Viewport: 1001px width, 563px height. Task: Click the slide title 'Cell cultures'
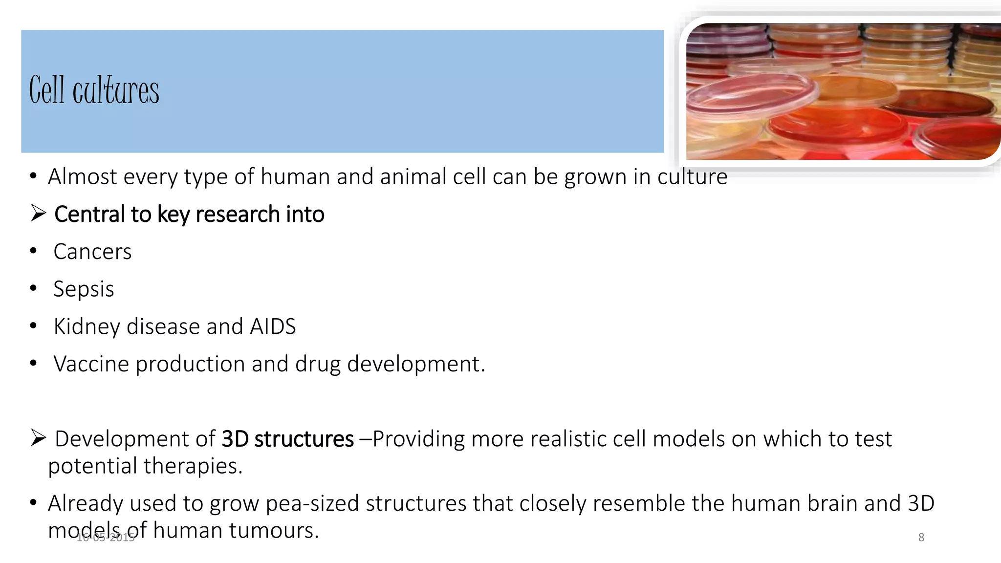[x=94, y=90]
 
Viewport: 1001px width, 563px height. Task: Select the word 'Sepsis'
[x=84, y=289]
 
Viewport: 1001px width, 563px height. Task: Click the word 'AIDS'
[x=273, y=326]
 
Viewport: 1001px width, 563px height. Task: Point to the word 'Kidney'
[x=87, y=327]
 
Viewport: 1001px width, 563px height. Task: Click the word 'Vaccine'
[x=91, y=364]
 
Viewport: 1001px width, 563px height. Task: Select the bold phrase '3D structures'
[x=287, y=439]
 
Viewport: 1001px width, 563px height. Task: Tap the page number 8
[x=921, y=538]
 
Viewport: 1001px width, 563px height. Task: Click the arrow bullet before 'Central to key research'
[x=38, y=213]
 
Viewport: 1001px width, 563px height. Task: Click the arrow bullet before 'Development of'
[x=38, y=437]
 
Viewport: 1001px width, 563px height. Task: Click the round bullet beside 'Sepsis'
[x=33, y=288]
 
